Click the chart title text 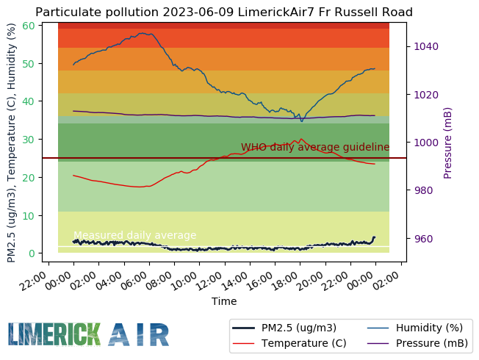(223, 12)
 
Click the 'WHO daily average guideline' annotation (315, 147)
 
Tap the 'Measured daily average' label (135, 235)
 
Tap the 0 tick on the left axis (32, 253)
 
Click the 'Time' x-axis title (224, 301)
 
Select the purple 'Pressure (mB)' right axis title (448, 143)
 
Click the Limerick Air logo (88, 334)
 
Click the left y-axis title (11, 143)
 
